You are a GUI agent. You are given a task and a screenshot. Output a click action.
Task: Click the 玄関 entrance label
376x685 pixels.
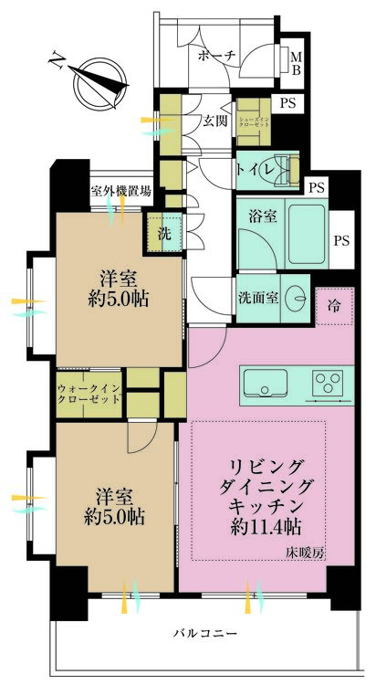point(215,121)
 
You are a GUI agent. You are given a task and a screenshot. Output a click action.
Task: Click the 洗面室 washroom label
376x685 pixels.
point(259,297)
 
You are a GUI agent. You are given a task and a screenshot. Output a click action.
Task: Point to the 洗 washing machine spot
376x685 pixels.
point(164,233)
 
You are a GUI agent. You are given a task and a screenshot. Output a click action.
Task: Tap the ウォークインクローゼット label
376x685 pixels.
point(89,394)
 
